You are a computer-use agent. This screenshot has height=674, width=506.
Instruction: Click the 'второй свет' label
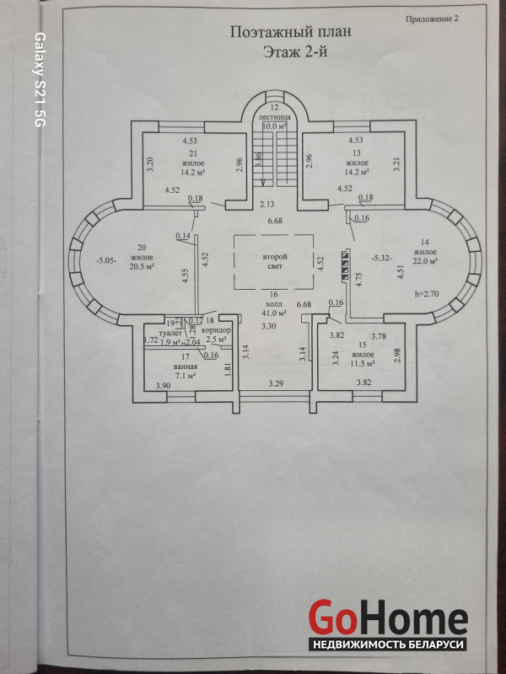(275, 259)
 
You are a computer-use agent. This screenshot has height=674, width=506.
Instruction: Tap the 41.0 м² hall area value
(274, 313)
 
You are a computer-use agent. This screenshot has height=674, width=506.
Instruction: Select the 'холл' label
(272, 304)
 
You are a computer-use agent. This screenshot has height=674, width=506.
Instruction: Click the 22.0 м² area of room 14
(426, 261)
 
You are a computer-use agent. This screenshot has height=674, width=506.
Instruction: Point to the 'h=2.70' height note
(428, 295)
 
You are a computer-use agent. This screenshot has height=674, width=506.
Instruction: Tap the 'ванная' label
(186, 367)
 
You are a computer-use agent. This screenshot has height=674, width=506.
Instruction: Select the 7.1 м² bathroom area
(186, 377)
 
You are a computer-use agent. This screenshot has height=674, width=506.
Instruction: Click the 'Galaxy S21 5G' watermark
(39, 81)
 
